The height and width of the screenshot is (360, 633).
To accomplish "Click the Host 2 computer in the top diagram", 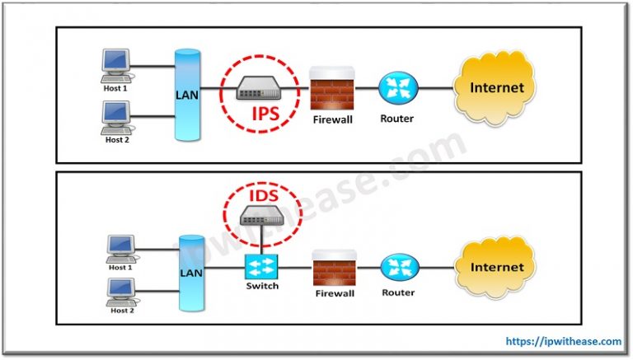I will [114, 115].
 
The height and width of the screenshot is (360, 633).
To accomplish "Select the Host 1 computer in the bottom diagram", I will [120, 246].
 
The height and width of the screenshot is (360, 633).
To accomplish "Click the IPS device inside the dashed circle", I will [261, 90].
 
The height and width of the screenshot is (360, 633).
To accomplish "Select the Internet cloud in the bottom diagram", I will [496, 267].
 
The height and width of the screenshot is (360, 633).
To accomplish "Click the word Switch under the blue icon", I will [262, 288].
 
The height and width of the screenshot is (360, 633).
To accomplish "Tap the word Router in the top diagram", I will [396, 118].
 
